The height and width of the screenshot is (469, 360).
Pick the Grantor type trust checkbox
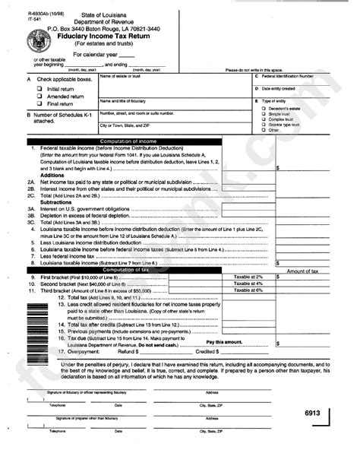click(x=261, y=125)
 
